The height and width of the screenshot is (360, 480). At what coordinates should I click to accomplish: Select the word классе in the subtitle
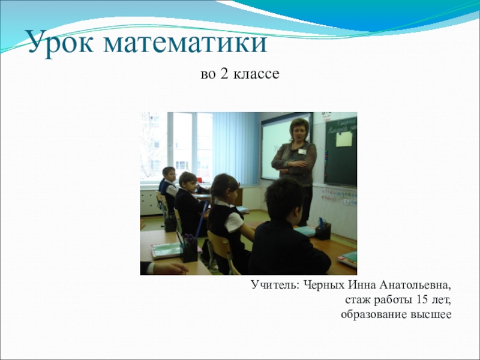[257, 75]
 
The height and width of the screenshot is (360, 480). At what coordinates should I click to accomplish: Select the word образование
[374, 314]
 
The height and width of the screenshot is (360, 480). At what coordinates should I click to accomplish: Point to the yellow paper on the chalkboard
[344, 140]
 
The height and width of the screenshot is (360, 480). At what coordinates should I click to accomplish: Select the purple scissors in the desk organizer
[189, 242]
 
